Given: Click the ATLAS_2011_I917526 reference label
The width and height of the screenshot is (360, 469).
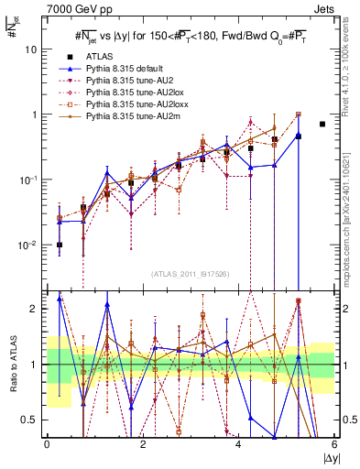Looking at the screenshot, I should pyautogui.click(x=190, y=274).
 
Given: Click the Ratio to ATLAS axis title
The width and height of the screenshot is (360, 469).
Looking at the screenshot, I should pyautogui.click(x=11, y=364).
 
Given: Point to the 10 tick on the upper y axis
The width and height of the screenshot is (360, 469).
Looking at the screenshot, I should pyautogui.click(x=31, y=49).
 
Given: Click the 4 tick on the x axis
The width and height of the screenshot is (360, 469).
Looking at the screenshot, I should pyautogui.click(x=239, y=443).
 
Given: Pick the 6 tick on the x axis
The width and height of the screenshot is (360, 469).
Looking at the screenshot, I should pyautogui.click(x=334, y=443).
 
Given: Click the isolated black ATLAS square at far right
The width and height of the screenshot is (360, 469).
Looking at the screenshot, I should pyautogui.click(x=322, y=124).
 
